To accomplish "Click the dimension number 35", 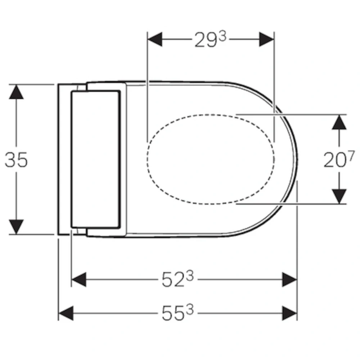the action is (x=16, y=160).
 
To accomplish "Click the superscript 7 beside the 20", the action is (x=351, y=156).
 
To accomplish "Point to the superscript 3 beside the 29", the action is (x=222, y=36).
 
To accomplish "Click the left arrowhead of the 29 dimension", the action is (x=155, y=39).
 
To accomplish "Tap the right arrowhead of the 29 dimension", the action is (x=266, y=39).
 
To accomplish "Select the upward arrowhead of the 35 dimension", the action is (x=16, y=92).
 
